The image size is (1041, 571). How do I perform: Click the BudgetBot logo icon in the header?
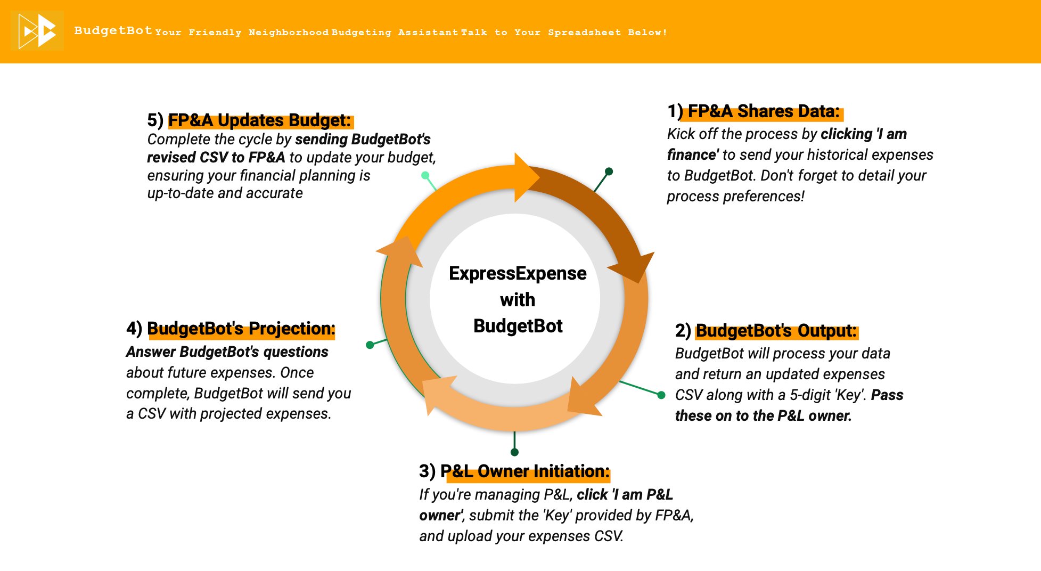[37, 31]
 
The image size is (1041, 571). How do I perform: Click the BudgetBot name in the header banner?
[113, 30]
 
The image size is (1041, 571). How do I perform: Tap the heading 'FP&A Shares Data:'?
[764, 111]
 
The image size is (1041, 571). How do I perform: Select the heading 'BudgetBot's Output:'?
[776, 331]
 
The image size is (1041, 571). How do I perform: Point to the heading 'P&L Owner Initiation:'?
[524, 471]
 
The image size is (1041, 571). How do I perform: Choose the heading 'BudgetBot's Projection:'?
[241, 329]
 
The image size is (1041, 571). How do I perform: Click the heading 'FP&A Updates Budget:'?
[260, 120]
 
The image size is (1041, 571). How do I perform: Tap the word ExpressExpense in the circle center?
[518, 273]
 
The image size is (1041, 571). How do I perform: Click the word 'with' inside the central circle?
[518, 300]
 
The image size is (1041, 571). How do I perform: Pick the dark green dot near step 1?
[609, 172]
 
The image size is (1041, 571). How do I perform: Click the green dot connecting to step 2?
[661, 395]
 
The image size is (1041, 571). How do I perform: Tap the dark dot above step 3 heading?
[514, 452]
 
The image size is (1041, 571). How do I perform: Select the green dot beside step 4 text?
[370, 345]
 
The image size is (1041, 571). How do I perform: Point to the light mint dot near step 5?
[425, 175]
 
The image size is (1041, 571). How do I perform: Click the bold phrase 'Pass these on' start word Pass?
[887, 395]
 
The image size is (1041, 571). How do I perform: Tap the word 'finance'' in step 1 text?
[692, 155]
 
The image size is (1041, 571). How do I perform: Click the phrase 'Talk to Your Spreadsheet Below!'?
[564, 32]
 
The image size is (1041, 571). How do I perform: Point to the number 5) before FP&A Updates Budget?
[155, 120]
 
